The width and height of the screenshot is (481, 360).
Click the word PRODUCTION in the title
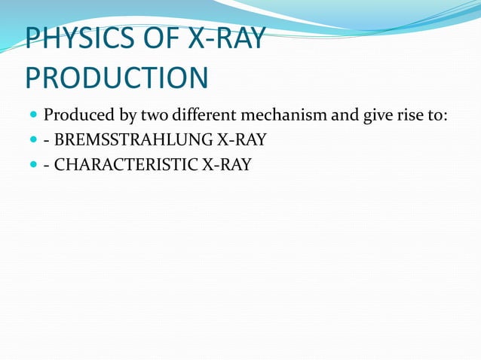[x=116, y=78]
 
